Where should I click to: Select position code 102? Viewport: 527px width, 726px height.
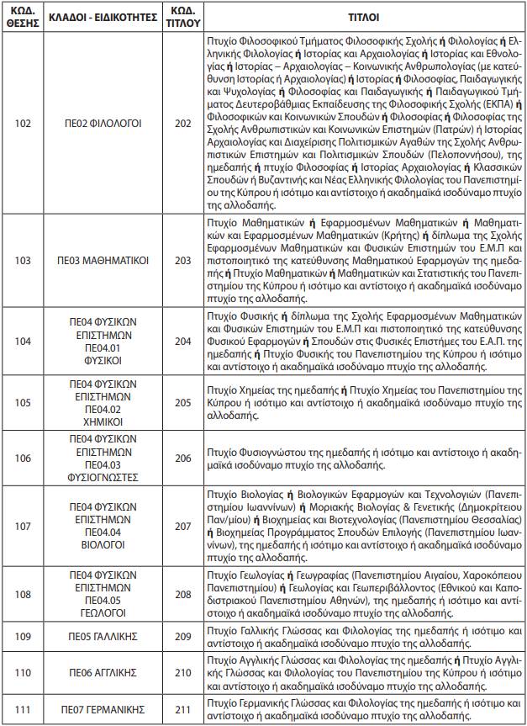pyautogui.click(x=23, y=123)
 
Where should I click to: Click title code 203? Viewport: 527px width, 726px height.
pyautogui.click(x=182, y=261)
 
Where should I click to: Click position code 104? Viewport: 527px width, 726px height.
pyautogui.click(x=23, y=341)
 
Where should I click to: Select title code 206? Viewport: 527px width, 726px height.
pyautogui.click(x=182, y=458)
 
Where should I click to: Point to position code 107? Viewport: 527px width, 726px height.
pyautogui.click(x=23, y=526)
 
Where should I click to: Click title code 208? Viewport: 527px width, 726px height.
pyautogui.click(x=182, y=595)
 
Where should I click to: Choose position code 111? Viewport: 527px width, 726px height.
pyautogui.click(x=23, y=709)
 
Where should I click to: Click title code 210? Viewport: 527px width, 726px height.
pyautogui.click(x=182, y=673)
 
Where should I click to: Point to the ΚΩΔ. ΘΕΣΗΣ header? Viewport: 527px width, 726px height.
pyautogui.click(x=23, y=16)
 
